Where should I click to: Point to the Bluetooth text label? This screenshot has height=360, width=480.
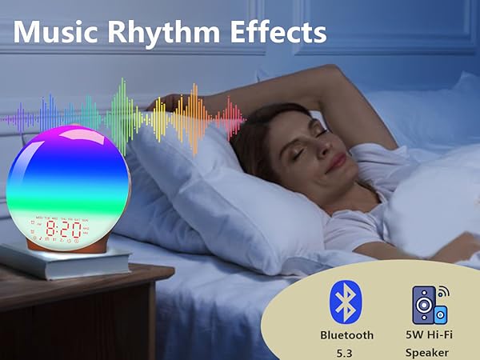tap(346, 335)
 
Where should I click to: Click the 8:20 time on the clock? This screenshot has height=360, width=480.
tap(66, 229)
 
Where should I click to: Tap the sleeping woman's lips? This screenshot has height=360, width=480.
tap(340, 160)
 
